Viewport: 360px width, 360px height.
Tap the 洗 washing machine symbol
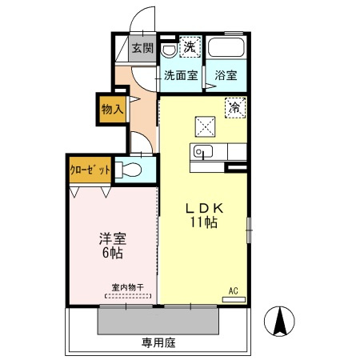189,47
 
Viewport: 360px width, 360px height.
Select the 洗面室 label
180,76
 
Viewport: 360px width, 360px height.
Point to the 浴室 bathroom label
226,76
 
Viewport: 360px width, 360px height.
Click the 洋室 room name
113,238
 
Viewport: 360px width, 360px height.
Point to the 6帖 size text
113,254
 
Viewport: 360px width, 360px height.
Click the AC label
234,290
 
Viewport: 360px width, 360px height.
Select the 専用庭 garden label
158,342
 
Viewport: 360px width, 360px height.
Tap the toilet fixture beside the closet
130,170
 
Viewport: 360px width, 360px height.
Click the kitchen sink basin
202,152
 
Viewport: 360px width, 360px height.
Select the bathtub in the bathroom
227,49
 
